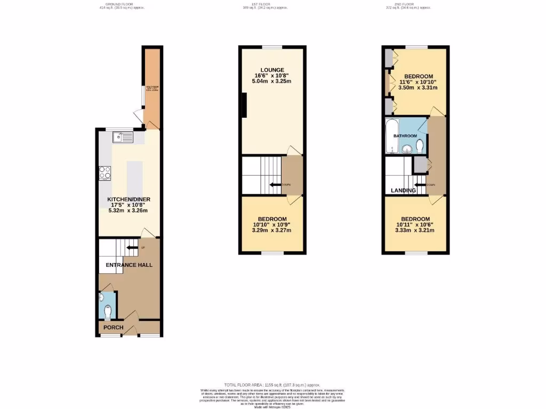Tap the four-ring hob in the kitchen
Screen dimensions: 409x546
pos(105,173)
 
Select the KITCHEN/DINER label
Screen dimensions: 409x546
pos(128,199)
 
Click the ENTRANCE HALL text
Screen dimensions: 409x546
pos(129,265)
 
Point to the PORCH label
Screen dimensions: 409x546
pos(113,328)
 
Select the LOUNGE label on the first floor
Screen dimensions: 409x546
pos(272,70)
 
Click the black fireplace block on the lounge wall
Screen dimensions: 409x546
pos(244,104)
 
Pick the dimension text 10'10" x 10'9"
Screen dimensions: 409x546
pos(272,225)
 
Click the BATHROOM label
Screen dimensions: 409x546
pos(405,136)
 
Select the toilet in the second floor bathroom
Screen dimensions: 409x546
pos(420,145)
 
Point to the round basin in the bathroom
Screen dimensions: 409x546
pos(408,149)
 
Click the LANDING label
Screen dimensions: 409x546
pos(403,190)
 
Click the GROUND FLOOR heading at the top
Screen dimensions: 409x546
pos(122,4)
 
